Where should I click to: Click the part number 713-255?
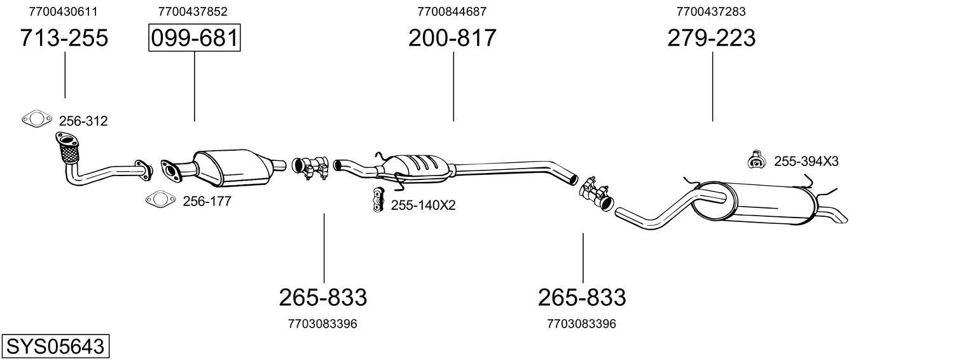point(64,38)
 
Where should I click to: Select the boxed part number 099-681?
point(194,38)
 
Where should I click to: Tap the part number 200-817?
point(452,38)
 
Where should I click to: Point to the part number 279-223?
point(711,38)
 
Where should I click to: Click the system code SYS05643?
point(55,347)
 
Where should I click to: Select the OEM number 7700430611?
point(64,11)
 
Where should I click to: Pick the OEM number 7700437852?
point(193,11)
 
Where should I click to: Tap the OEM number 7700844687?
point(452,11)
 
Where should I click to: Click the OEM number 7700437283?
point(711,11)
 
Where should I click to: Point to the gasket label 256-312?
point(83,121)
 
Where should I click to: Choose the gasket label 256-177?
point(207,202)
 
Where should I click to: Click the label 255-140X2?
point(423,205)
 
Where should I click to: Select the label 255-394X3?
point(806,162)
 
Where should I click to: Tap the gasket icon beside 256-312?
point(36,118)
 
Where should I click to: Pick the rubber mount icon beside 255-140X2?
point(379,200)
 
